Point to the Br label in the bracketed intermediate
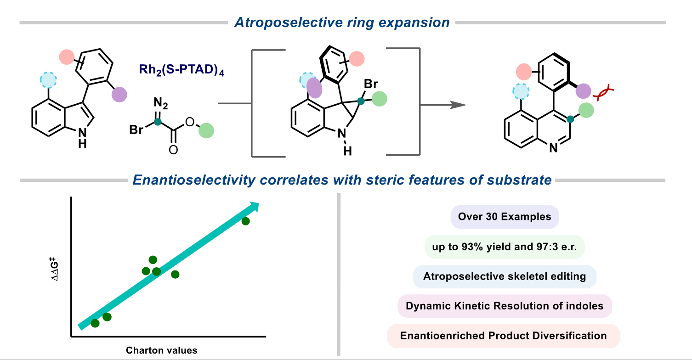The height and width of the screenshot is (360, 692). [x=370, y=84]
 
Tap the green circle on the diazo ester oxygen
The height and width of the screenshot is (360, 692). [x=206, y=130]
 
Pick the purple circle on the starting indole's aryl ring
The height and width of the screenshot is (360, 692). [x=119, y=95]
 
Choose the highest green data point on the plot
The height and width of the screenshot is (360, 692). [x=245, y=221]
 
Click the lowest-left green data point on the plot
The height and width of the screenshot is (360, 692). [x=95, y=323]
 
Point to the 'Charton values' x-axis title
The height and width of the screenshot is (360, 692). [x=162, y=350]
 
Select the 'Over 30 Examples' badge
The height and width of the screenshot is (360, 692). [x=505, y=216]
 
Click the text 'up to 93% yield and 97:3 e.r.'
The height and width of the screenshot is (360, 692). [x=505, y=247]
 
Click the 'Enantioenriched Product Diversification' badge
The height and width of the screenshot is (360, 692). [x=504, y=336]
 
